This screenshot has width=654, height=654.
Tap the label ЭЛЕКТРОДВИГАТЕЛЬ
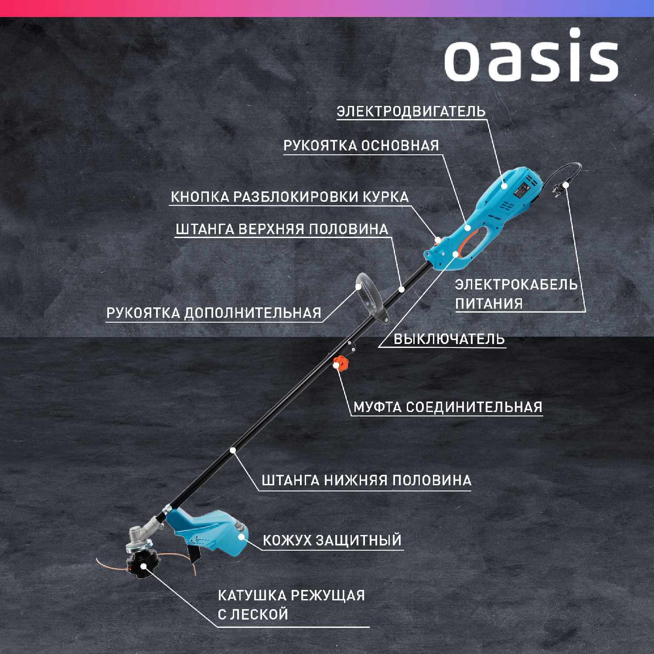tap(411, 112)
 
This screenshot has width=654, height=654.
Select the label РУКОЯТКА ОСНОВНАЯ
tap(361, 146)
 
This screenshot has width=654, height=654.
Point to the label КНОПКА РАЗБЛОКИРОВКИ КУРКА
tap(290, 197)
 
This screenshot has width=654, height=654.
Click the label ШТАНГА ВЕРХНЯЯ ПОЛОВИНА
tap(282, 229)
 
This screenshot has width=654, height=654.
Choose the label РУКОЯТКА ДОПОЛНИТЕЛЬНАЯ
tap(214, 313)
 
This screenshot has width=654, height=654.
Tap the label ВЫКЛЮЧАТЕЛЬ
tap(449, 339)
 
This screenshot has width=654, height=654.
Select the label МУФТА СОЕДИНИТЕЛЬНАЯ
tap(448, 407)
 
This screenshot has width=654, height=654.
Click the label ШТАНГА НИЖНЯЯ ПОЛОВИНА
tap(366, 480)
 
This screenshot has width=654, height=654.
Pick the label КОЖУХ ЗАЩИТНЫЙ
tap(332, 540)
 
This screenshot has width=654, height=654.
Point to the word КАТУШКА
tap(252, 596)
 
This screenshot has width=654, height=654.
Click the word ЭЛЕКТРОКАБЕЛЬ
tap(516, 285)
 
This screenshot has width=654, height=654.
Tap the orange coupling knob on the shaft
tap(341, 363)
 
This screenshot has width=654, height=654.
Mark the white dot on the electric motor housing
tap(504, 186)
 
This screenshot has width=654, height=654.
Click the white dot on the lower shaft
tap(233, 450)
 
